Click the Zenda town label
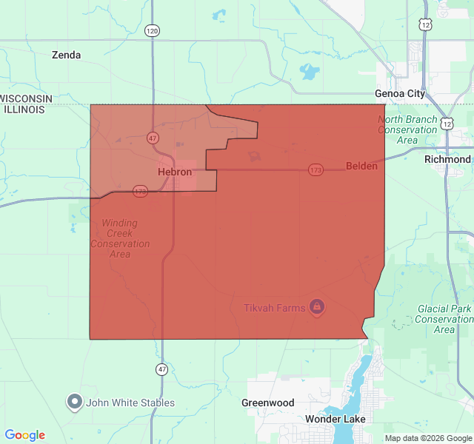click(66, 55)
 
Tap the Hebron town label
click(175, 172)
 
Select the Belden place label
click(361, 166)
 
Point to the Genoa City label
click(400, 94)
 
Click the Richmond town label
click(447, 159)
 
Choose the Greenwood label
click(267, 403)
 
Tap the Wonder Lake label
click(335, 419)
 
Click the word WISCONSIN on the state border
click(27, 98)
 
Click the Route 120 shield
click(152, 31)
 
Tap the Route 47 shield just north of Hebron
click(152, 138)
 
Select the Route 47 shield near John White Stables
click(161, 369)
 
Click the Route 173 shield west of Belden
click(316, 170)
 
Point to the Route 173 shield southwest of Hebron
click(140, 191)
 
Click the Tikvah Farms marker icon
click(316, 306)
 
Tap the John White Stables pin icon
click(75, 402)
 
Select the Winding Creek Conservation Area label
click(120, 238)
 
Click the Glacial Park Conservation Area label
click(444, 319)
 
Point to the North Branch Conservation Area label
click(407, 129)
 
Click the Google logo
click(24, 435)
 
